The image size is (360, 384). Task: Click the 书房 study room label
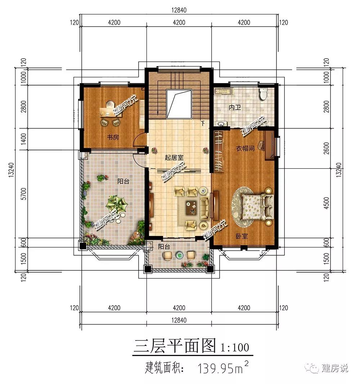113,137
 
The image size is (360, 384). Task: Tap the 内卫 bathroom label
235,107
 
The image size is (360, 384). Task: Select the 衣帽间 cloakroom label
245,148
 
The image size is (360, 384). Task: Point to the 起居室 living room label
174,157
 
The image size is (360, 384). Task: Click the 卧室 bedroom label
242,236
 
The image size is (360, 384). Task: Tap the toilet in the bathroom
264,94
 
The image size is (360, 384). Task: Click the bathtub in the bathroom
222,91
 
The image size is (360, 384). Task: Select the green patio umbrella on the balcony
117,204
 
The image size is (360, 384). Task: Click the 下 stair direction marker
203,123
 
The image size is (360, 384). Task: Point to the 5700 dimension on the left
23,194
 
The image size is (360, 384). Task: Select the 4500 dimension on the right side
326,203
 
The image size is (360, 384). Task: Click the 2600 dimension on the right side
326,148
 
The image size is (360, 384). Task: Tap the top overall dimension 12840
179,10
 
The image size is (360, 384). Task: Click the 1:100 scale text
235,347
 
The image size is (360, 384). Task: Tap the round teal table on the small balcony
180,255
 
